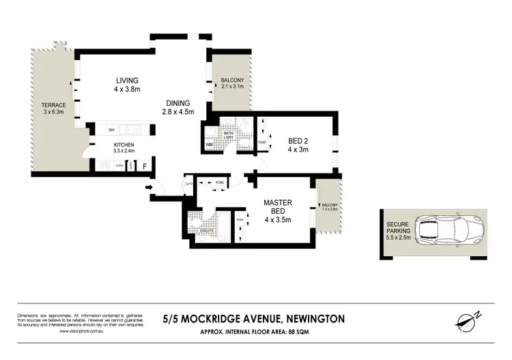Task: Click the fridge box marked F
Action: point(145,165)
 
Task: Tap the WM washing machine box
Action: point(209,145)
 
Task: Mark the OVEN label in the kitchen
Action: point(119,165)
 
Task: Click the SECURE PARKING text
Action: point(398,227)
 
